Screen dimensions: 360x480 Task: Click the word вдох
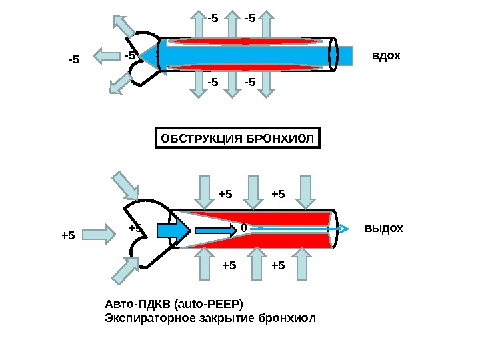coord(387,55)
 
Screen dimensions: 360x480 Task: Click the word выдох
coord(384,229)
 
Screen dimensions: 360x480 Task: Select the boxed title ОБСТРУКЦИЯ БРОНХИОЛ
coord(237,139)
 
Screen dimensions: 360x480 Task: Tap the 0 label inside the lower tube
coord(243,229)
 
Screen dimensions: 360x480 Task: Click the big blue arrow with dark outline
coord(173,230)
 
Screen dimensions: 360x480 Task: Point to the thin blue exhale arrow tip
coord(345,229)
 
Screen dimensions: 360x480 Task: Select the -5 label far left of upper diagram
coord(73,60)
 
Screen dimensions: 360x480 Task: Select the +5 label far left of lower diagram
coord(68,235)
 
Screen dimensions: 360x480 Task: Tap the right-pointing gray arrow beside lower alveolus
coord(102,233)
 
